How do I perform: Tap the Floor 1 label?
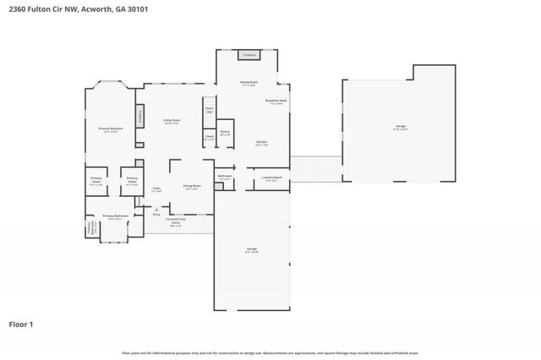click(22, 324)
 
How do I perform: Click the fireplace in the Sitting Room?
click(249, 55)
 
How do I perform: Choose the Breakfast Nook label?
click(275, 102)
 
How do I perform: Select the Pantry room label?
click(226, 133)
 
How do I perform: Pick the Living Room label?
click(172, 122)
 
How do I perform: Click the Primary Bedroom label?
click(110, 130)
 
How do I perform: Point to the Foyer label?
click(156, 189)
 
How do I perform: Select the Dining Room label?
click(192, 187)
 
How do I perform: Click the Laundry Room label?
click(270, 178)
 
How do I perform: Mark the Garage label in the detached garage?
click(400, 128)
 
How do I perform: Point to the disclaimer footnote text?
click(270, 352)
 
